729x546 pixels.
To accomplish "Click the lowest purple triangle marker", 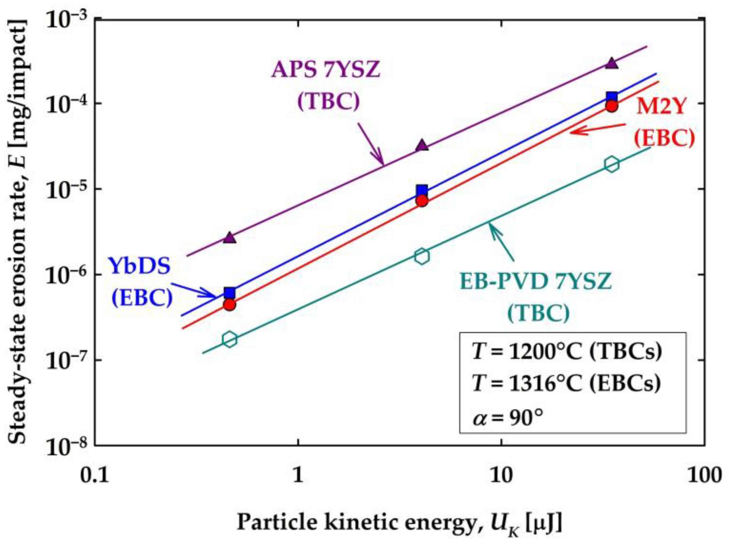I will [230, 238].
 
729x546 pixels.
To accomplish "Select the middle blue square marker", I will [422, 190].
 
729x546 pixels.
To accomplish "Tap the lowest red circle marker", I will [229, 304].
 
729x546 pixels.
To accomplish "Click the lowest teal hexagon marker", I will [229, 339].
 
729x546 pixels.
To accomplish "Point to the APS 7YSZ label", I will [326, 70].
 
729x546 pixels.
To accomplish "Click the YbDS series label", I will [140, 266].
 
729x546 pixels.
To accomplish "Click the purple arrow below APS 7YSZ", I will [371, 143].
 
